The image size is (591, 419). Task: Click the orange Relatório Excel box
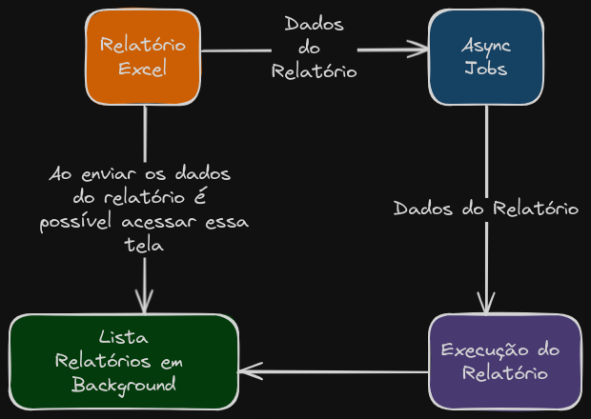tap(143, 57)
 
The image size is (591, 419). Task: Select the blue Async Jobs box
tap(485, 57)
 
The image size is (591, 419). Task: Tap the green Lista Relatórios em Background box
tap(123, 362)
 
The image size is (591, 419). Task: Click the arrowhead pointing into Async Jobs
tap(419, 50)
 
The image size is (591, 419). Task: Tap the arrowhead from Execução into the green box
tap(250, 371)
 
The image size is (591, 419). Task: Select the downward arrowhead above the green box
tap(145, 303)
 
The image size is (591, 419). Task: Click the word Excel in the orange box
tap(143, 69)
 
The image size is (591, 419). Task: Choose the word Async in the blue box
tap(485, 46)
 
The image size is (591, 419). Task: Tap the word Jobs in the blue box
tap(485, 69)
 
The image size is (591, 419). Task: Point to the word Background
tap(124, 385)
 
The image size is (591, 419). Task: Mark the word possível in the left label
tap(77, 222)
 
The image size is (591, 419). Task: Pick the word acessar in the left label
tap(161, 222)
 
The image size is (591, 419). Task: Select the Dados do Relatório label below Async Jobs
tap(486, 209)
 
